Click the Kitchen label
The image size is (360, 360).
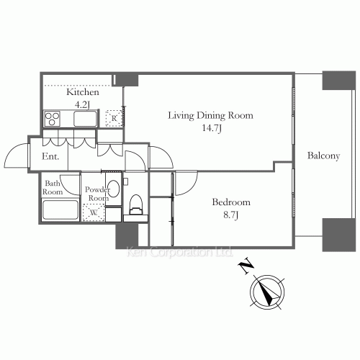[83, 92]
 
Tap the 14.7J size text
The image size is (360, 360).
[212, 128]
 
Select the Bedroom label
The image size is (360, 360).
[231, 202]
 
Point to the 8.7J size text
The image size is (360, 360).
[230, 215]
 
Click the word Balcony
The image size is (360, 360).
[324, 156]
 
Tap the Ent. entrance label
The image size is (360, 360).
[50, 156]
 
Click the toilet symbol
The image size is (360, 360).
[136, 205]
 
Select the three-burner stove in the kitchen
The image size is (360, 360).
[53, 119]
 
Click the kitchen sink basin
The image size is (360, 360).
[86, 119]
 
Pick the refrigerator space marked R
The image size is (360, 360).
[114, 118]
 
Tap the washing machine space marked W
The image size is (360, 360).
[94, 212]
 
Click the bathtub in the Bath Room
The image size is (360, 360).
[60, 210]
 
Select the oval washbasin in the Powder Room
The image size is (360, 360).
[113, 189]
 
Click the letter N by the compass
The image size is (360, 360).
[246, 266]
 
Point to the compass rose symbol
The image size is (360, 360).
[267, 292]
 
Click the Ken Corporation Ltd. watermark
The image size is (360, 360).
[179, 252]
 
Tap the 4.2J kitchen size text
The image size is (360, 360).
[82, 104]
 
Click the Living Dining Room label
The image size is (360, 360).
[210, 115]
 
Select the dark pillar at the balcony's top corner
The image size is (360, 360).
[338, 81]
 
